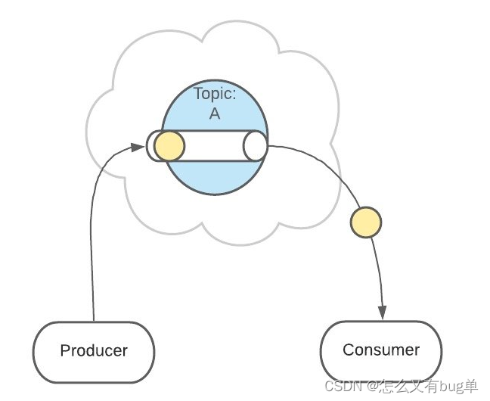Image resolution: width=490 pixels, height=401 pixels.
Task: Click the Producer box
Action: click(x=94, y=351)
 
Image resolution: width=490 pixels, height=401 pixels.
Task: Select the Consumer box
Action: click(x=381, y=350)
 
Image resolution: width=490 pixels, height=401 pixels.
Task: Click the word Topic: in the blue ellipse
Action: click(x=216, y=95)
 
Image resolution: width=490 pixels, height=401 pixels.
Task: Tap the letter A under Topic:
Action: click(x=215, y=115)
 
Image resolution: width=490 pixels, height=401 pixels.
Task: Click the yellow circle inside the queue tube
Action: click(x=169, y=146)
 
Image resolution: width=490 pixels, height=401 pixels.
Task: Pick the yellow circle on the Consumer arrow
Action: click(x=366, y=222)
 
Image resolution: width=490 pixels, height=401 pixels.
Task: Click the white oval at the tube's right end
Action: click(x=256, y=146)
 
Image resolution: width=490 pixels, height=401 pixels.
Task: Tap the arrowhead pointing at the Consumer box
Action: click(x=383, y=312)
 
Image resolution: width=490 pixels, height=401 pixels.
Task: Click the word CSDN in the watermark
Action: click(x=340, y=386)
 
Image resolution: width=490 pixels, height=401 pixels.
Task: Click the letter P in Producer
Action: click(x=65, y=351)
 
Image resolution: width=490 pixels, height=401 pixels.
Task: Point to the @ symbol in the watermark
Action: click(x=372, y=386)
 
